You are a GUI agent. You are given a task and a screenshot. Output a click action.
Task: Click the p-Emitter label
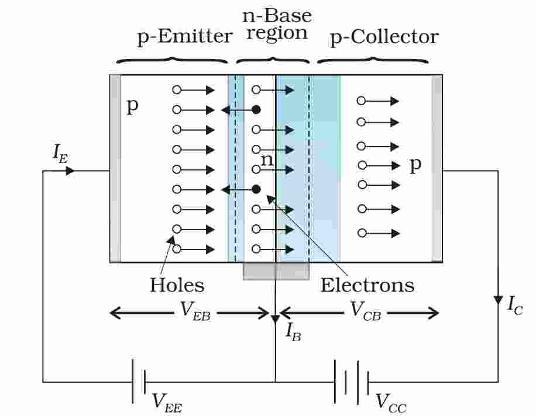coord(184,37)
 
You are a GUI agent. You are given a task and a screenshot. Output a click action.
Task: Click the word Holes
coord(177,285)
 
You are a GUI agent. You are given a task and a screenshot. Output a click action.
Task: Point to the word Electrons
coord(367,285)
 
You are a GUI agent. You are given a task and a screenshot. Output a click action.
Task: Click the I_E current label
coord(60,153)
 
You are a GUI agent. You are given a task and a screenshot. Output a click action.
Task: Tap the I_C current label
coord(514,304)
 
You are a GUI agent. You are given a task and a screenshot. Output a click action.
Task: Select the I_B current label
coord(293,331)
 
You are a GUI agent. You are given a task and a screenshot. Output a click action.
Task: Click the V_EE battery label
coord(167,401)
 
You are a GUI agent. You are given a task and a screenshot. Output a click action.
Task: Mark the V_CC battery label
coord(390,401)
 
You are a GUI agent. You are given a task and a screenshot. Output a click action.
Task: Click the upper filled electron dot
coord(256,109)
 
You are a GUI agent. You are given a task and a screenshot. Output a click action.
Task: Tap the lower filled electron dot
coord(256,189)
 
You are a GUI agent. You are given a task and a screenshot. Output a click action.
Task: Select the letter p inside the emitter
coord(133,107)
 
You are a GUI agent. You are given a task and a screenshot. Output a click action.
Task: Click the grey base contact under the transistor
coord(276,271)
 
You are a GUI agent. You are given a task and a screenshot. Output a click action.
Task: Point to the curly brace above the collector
coord(373,58)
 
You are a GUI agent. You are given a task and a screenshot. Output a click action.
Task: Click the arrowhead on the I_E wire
coord(70,171)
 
